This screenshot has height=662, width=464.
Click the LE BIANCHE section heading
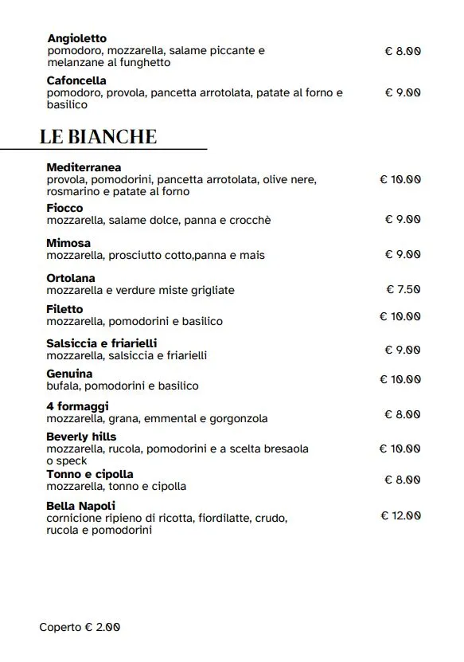tap(98, 136)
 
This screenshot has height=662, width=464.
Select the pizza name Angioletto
tap(76, 38)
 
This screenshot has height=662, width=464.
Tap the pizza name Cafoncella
tap(76, 80)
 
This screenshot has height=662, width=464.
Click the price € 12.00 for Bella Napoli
tap(400, 515)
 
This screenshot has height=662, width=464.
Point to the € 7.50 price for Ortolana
tap(403, 289)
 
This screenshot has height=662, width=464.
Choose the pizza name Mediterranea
tap(84, 167)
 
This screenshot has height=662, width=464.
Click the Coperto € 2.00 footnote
tap(80, 627)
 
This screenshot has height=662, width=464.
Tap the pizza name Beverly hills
tap(81, 437)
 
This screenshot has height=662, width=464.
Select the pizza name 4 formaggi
tap(78, 406)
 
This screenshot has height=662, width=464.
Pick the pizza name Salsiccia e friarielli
tap(102, 343)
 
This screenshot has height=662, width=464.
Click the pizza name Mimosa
tap(68, 243)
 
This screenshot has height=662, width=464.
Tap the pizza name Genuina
tap(69, 374)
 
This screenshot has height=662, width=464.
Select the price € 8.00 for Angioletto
tap(402, 50)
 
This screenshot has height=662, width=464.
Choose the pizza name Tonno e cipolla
tap(90, 474)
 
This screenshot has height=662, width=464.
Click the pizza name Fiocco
tap(64, 208)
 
